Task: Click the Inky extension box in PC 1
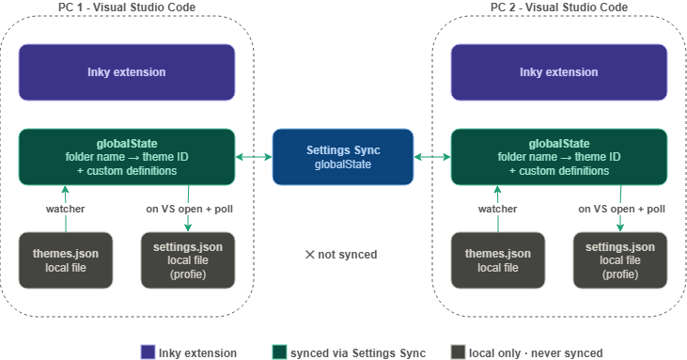click(127, 72)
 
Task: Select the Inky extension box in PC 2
click(559, 72)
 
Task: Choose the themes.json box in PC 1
click(65, 260)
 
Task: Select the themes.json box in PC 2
click(497, 260)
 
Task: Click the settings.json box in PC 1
click(187, 260)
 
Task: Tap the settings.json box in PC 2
click(619, 260)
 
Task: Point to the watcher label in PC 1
click(65, 208)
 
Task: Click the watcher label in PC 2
click(497, 208)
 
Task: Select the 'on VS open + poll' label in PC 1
click(187, 208)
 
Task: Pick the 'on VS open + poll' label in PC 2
click(619, 208)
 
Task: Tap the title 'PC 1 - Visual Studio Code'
click(127, 8)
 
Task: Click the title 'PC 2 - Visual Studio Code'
click(559, 8)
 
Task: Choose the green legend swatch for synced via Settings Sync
click(279, 352)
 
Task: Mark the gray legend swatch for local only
click(458, 352)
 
